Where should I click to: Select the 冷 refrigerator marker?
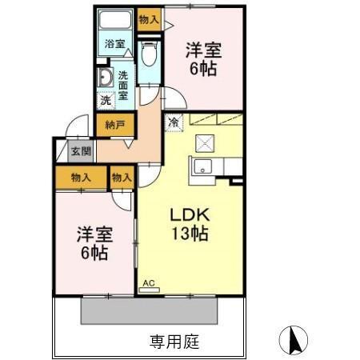pyautogui.click(x=174, y=122)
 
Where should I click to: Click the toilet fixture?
pyautogui.click(x=147, y=54)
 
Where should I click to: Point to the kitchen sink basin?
pyautogui.click(x=202, y=166)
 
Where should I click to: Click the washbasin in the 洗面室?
pyautogui.click(x=105, y=78)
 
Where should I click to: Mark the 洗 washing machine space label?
pyautogui.click(x=106, y=102)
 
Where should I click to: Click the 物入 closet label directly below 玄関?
pyautogui.click(x=78, y=176)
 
